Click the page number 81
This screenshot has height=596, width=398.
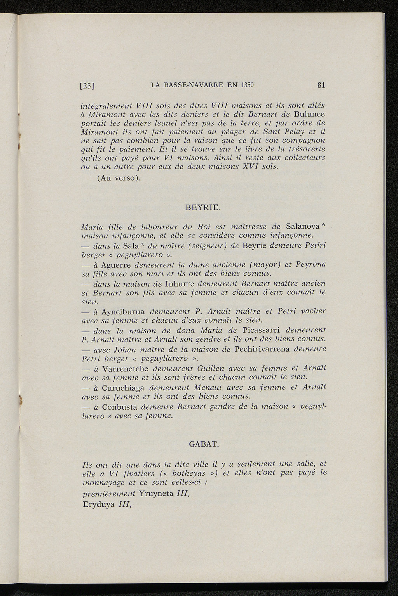coord(321,85)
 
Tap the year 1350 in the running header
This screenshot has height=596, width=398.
coord(246,85)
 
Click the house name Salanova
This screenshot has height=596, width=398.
coord(302,226)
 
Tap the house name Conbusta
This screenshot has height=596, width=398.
coord(120,407)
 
